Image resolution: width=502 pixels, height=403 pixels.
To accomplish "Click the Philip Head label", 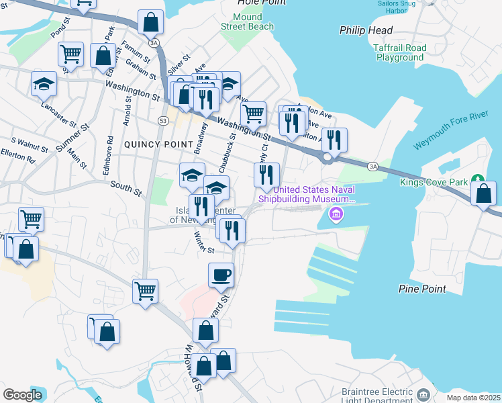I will (366, 30).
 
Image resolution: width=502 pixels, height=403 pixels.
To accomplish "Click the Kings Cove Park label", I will (433, 182).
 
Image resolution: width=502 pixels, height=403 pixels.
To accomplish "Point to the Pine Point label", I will (422, 289).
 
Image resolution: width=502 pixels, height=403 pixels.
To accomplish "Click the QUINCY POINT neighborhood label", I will (152, 144).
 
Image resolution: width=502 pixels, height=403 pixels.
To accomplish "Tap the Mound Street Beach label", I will (248, 21).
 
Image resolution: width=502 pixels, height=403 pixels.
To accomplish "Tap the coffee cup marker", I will (221, 275).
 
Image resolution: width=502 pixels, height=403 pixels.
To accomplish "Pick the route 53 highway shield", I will (163, 120).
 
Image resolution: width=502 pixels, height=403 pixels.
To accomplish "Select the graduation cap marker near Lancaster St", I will (44, 85).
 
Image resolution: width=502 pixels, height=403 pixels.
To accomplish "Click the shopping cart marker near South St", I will (31, 219).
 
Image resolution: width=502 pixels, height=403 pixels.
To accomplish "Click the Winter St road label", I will (203, 242).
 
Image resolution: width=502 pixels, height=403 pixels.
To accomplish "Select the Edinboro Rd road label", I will (109, 156).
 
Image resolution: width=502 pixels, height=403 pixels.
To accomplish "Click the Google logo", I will (23, 395).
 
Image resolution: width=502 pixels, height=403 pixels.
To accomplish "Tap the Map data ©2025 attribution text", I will (473, 398).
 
